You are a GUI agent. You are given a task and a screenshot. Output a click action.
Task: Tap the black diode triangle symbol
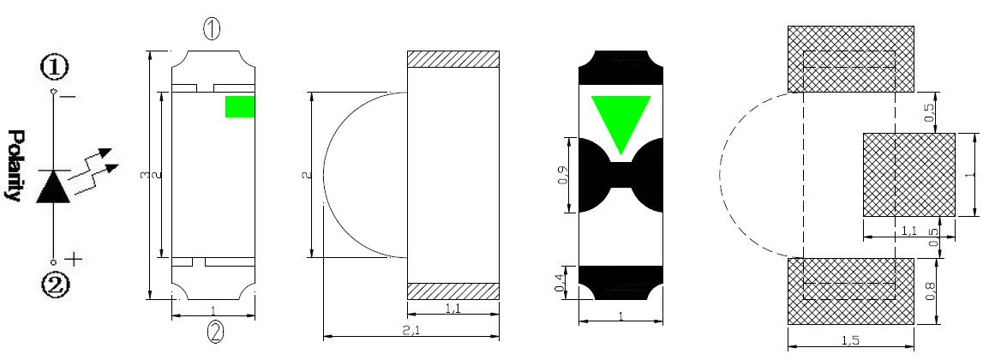[x=53, y=187]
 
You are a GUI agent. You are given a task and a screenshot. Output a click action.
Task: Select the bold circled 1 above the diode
[x=54, y=68]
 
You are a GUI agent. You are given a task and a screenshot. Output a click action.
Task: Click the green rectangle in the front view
[x=240, y=106]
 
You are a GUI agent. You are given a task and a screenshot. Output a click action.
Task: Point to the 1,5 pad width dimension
[x=850, y=340]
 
